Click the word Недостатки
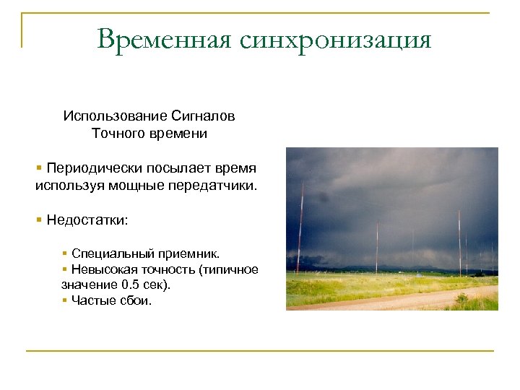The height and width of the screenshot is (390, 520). (x=87, y=220)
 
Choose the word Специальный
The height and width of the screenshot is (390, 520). (x=105, y=254)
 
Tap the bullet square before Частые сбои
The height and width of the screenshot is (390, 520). (x=65, y=300)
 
